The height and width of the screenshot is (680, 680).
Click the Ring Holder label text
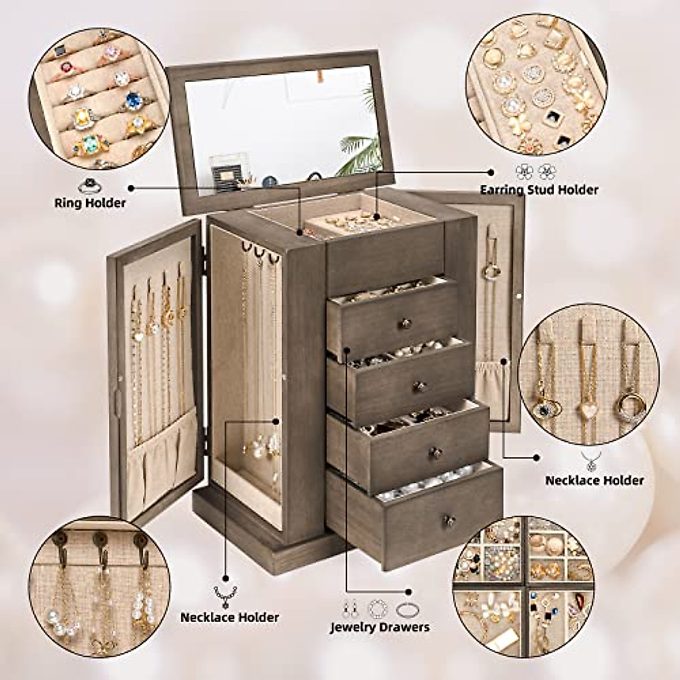[90, 202]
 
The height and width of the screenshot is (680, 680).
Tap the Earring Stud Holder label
[539, 190]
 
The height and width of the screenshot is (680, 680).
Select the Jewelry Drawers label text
[380, 627]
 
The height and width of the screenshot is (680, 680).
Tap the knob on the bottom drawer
[448, 520]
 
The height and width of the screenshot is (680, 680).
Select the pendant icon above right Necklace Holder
[592, 461]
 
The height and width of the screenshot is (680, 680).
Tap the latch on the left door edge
[118, 399]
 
